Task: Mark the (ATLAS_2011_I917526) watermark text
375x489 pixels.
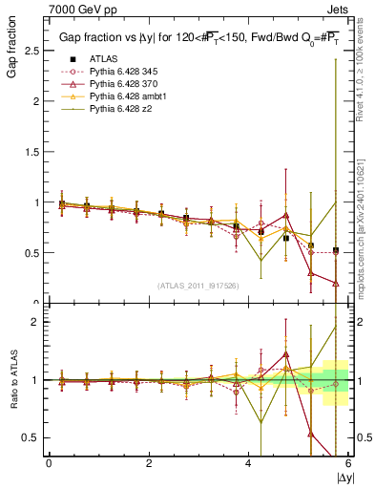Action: (x=198, y=286)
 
